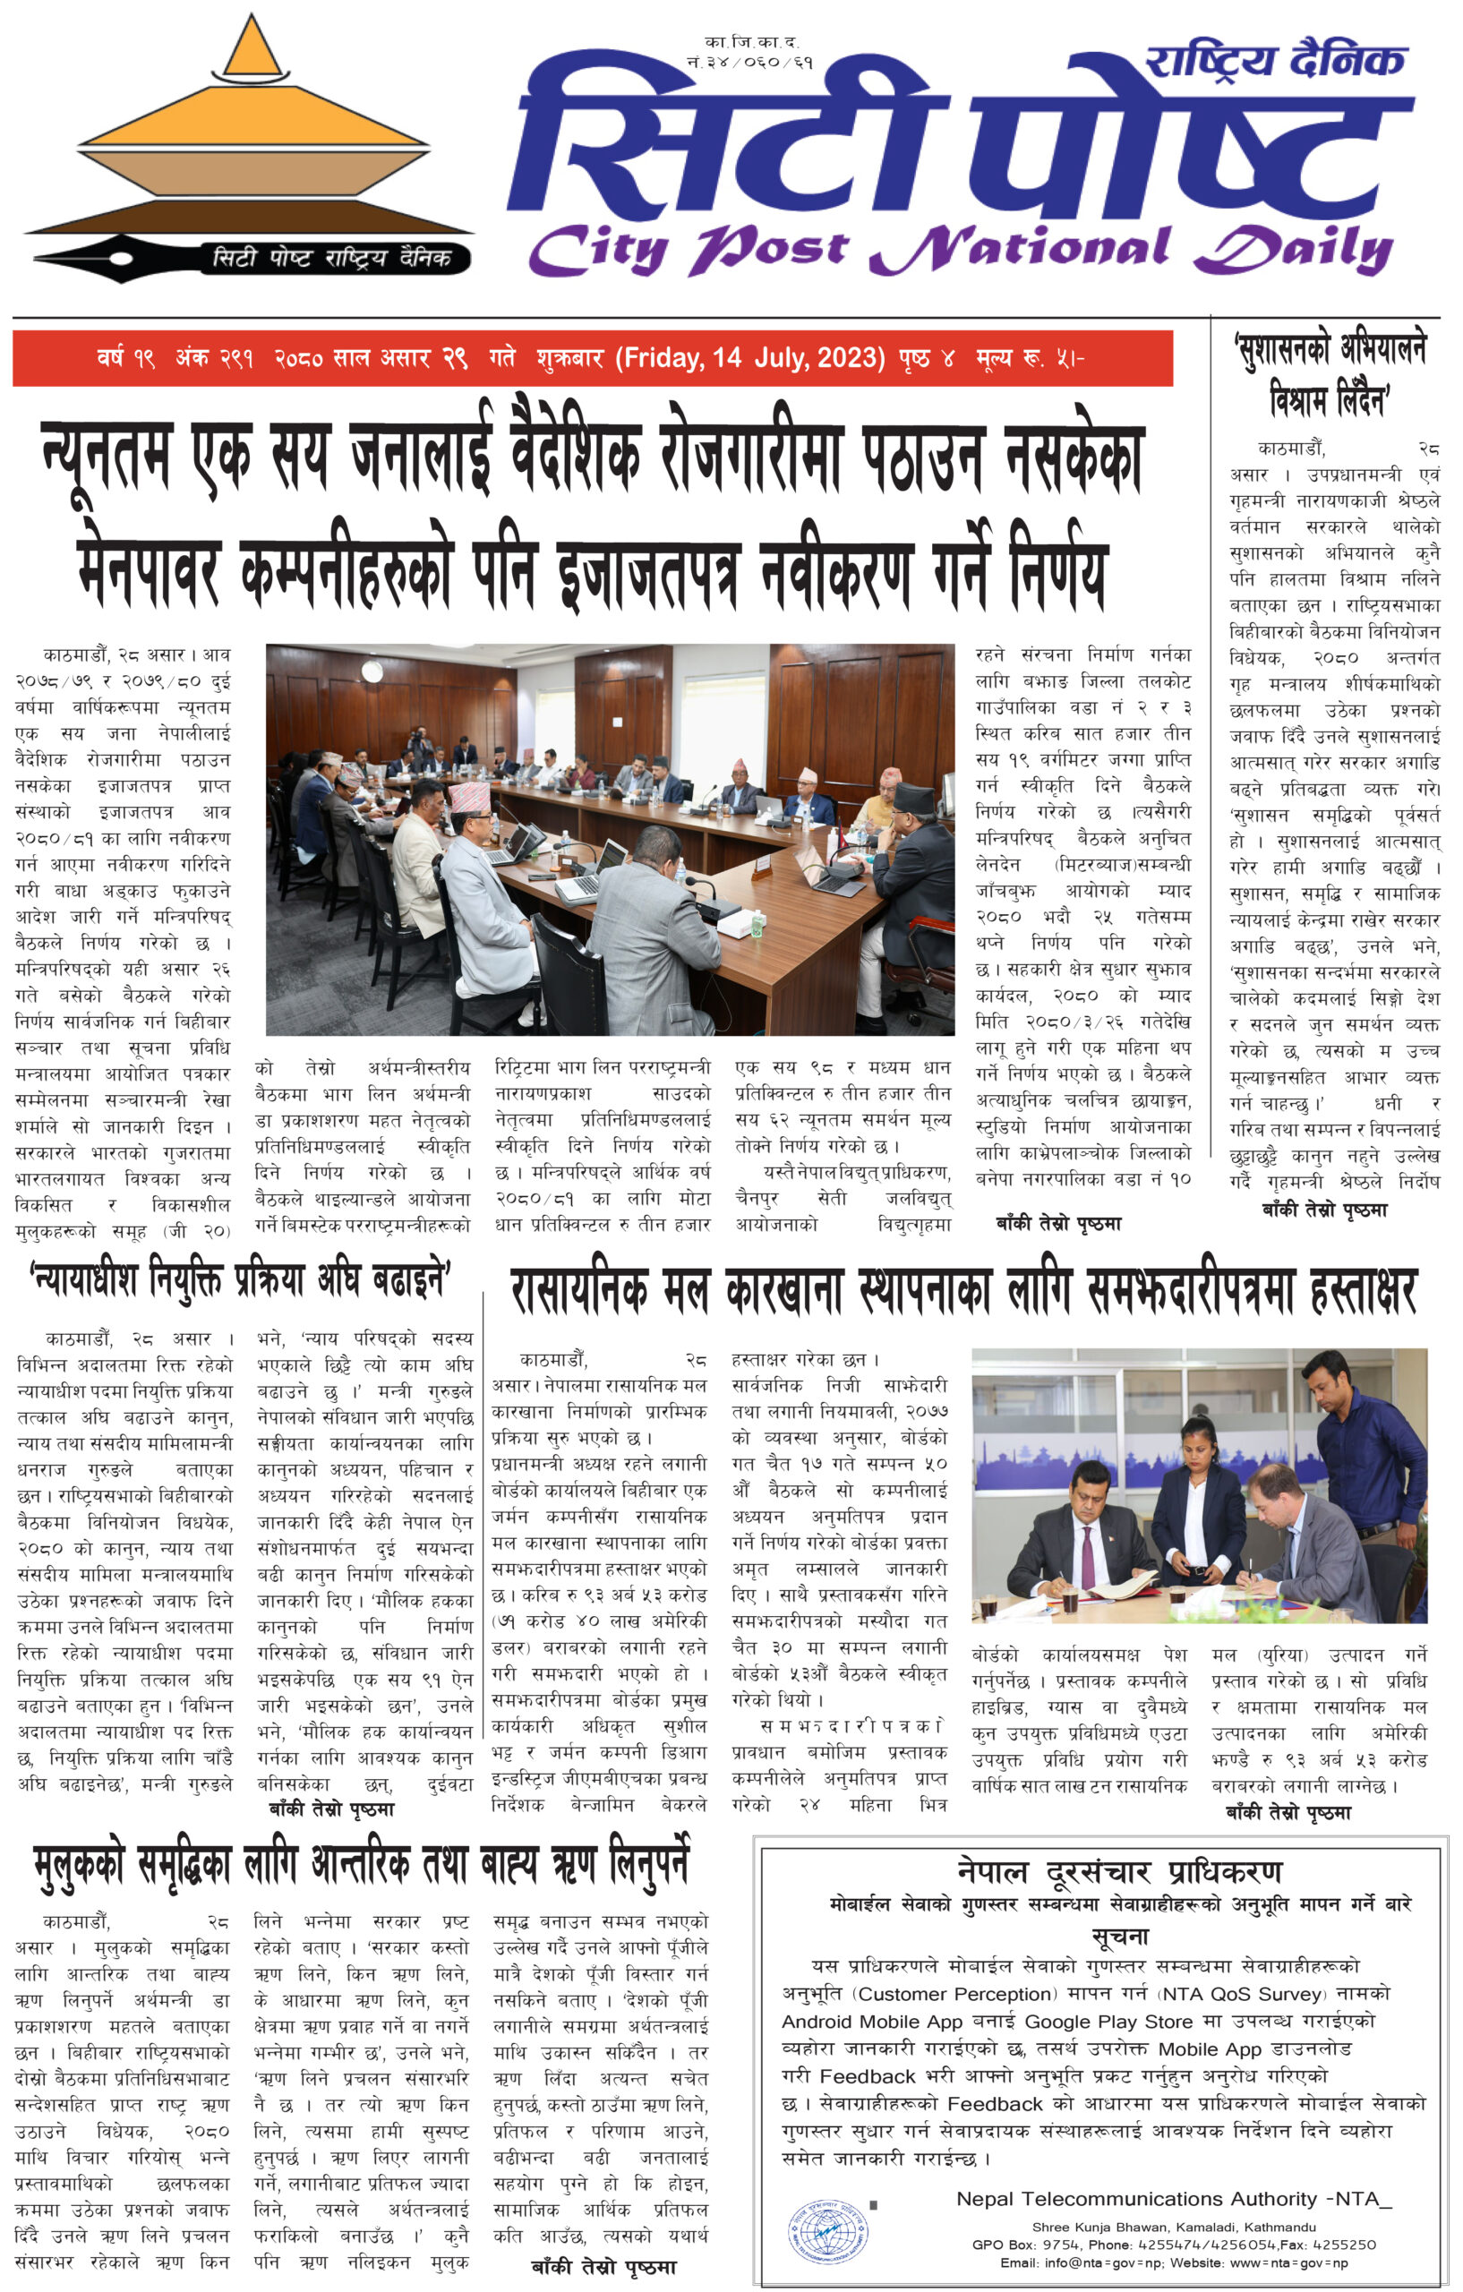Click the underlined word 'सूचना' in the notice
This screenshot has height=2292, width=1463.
[1119, 1936]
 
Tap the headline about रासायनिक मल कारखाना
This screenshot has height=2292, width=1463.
[963, 1293]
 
